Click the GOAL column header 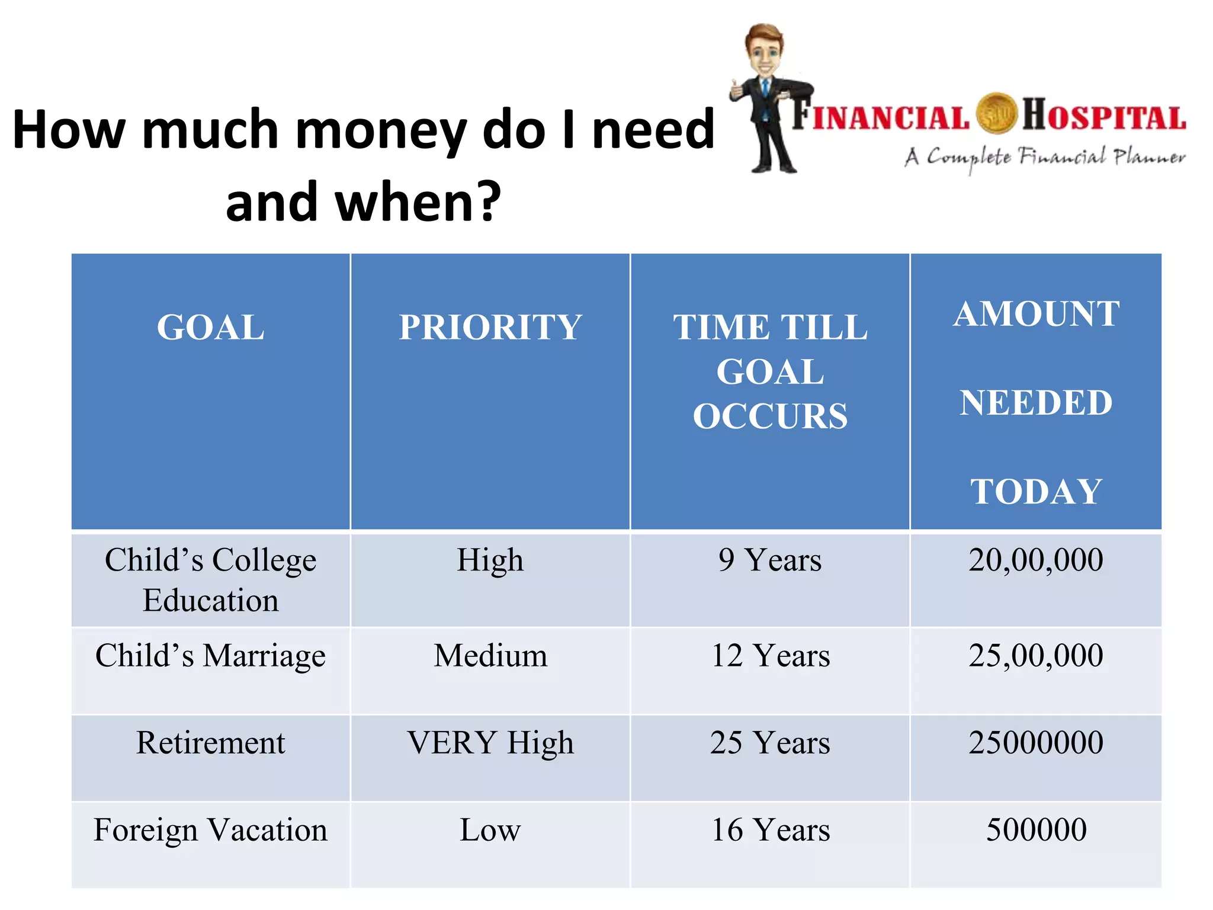tap(210, 328)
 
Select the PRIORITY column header tap(490, 328)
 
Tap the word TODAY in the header tap(1036, 492)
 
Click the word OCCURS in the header tap(770, 416)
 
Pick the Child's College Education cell tap(210, 580)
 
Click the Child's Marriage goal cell tap(210, 656)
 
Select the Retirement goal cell tap(210, 743)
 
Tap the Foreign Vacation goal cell tap(210, 830)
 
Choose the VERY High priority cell tap(490, 743)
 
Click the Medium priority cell tap(490, 656)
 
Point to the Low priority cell tap(490, 830)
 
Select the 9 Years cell tap(770, 560)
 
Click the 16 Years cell tap(770, 830)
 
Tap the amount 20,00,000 tap(1036, 560)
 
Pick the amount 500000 tap(1036, 830)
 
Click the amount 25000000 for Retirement tap(1036, 743)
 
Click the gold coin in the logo tap(996, 113)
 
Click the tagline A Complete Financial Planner tap(1045, 158)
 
